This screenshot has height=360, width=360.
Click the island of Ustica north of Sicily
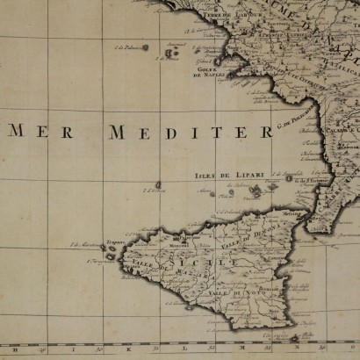158,185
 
